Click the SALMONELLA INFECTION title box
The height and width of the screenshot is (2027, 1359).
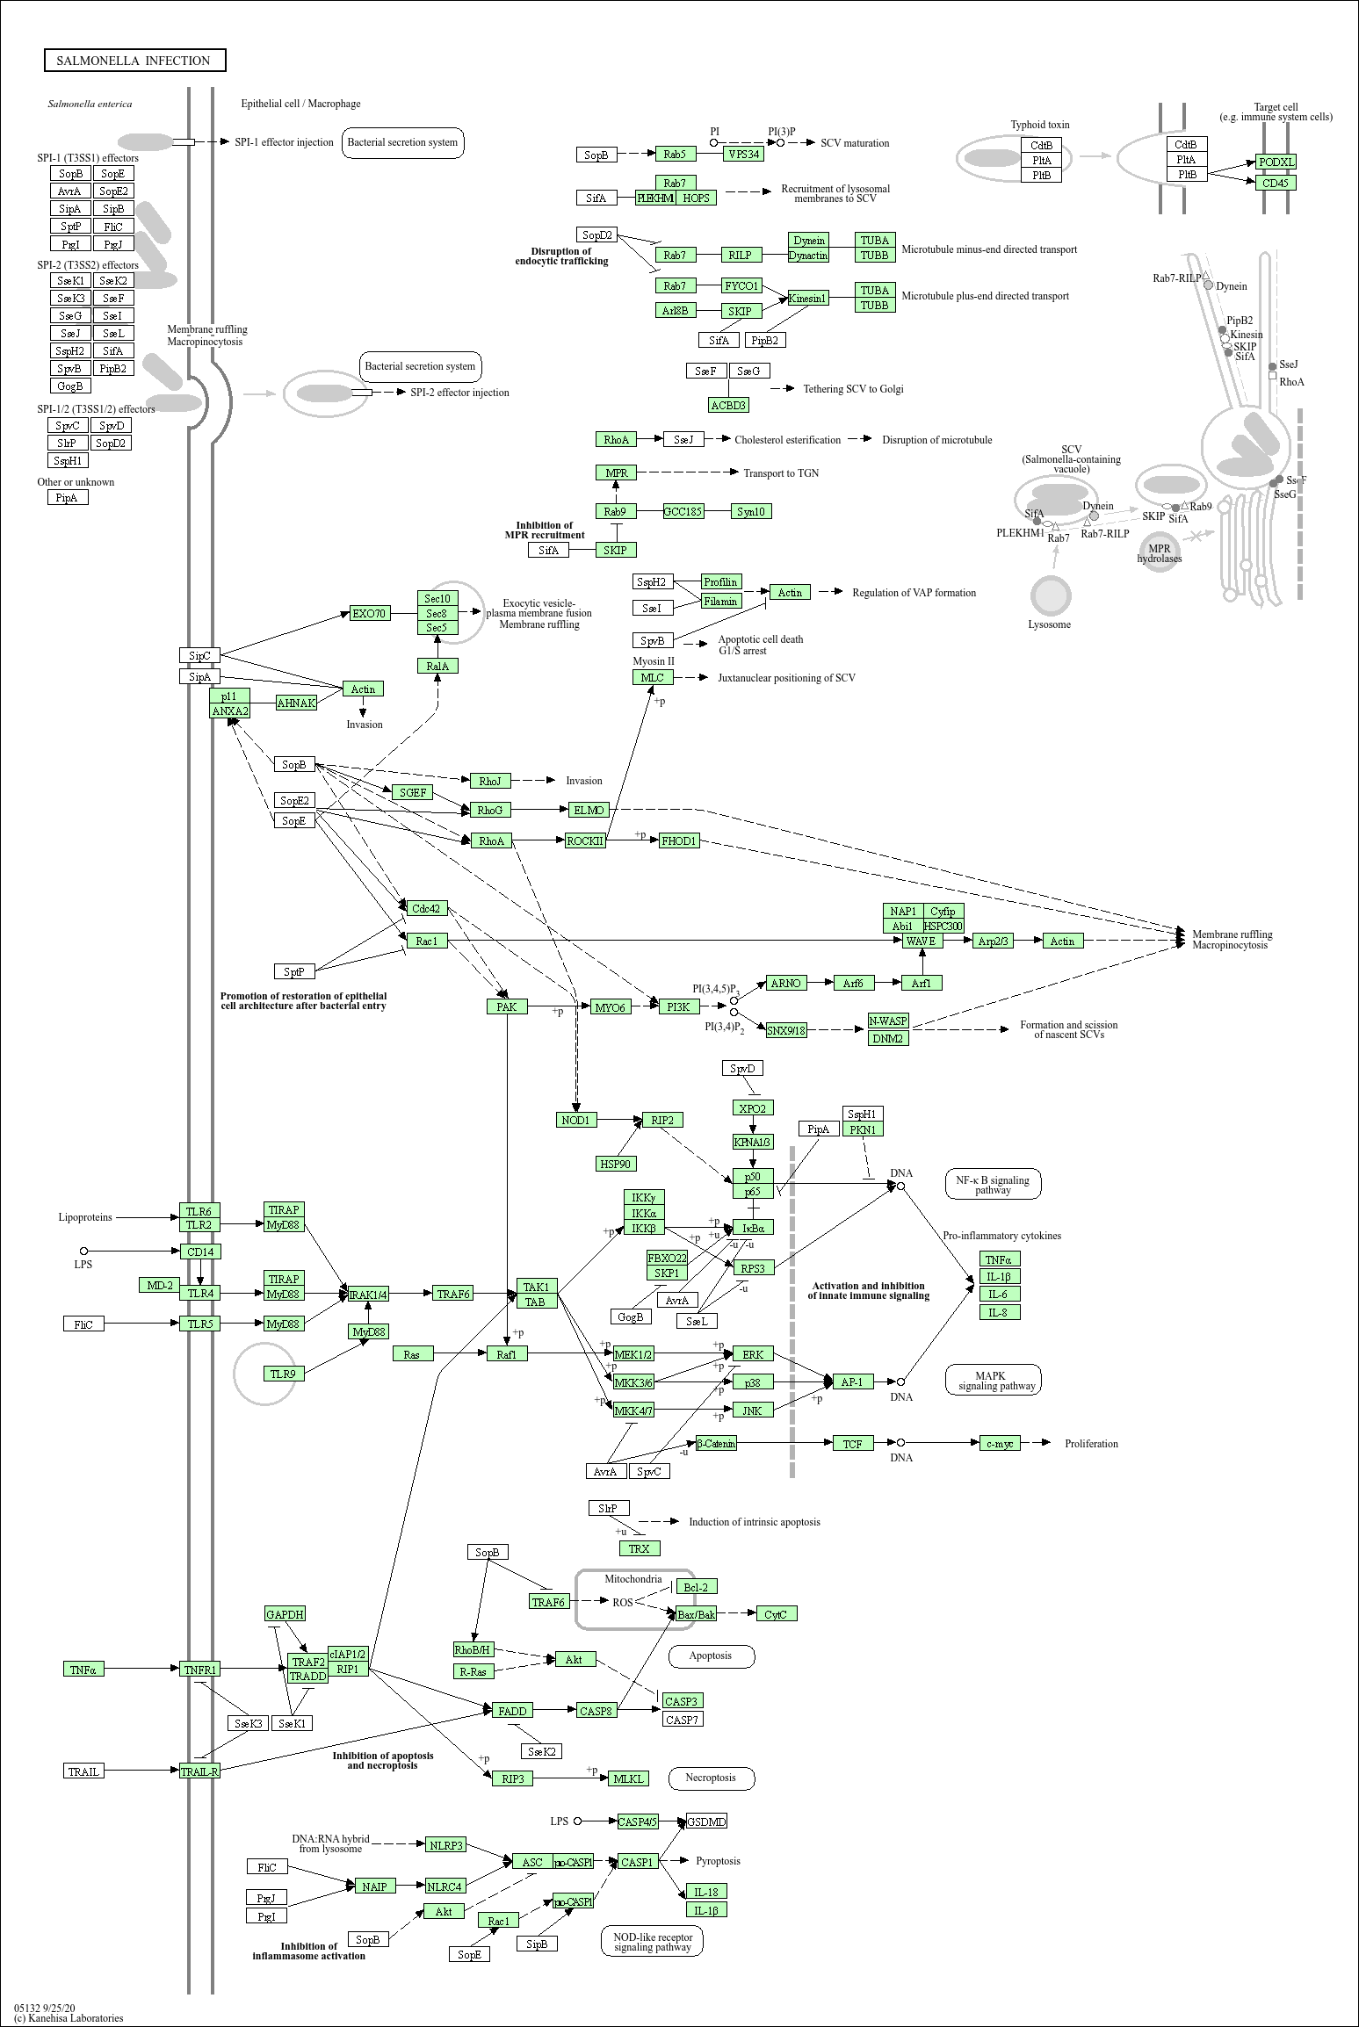[x=135, y=61]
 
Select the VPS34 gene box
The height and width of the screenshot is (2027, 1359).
[x=744, y=154]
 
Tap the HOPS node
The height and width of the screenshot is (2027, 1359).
[x=696, y=198]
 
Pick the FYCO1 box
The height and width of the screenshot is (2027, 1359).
[x=741, y=285]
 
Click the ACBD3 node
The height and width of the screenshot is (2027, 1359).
[x=728, y=405]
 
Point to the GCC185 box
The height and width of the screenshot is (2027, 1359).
[x=683, y=511]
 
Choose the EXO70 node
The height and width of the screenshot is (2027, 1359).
[x=369, y=613]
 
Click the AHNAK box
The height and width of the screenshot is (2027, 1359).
[x=296, y=703]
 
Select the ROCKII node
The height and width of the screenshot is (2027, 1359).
[x=586, y=840]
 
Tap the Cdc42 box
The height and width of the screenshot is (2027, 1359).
[x=426, y=908]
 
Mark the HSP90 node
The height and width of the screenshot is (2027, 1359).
[x=616, y=1164]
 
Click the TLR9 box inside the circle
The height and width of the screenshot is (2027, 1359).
[x=283, y=1374]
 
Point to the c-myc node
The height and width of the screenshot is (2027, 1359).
[x=1000, y=1443]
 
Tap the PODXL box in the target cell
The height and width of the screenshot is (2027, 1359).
[x=1276, y=162]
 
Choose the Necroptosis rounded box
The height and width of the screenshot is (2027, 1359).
[x=712, y=1778]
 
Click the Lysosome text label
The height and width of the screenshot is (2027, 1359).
[x=1050, y=624]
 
